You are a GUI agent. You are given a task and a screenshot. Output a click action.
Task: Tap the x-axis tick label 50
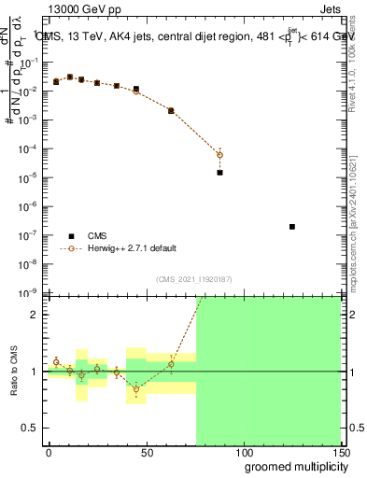147,451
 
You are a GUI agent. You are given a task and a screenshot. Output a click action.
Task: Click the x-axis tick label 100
244,451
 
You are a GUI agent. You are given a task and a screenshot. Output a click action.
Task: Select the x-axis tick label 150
341,451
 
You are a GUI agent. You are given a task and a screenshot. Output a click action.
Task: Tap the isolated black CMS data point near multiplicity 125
292,227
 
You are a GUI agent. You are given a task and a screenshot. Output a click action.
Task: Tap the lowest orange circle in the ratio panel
136,389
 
